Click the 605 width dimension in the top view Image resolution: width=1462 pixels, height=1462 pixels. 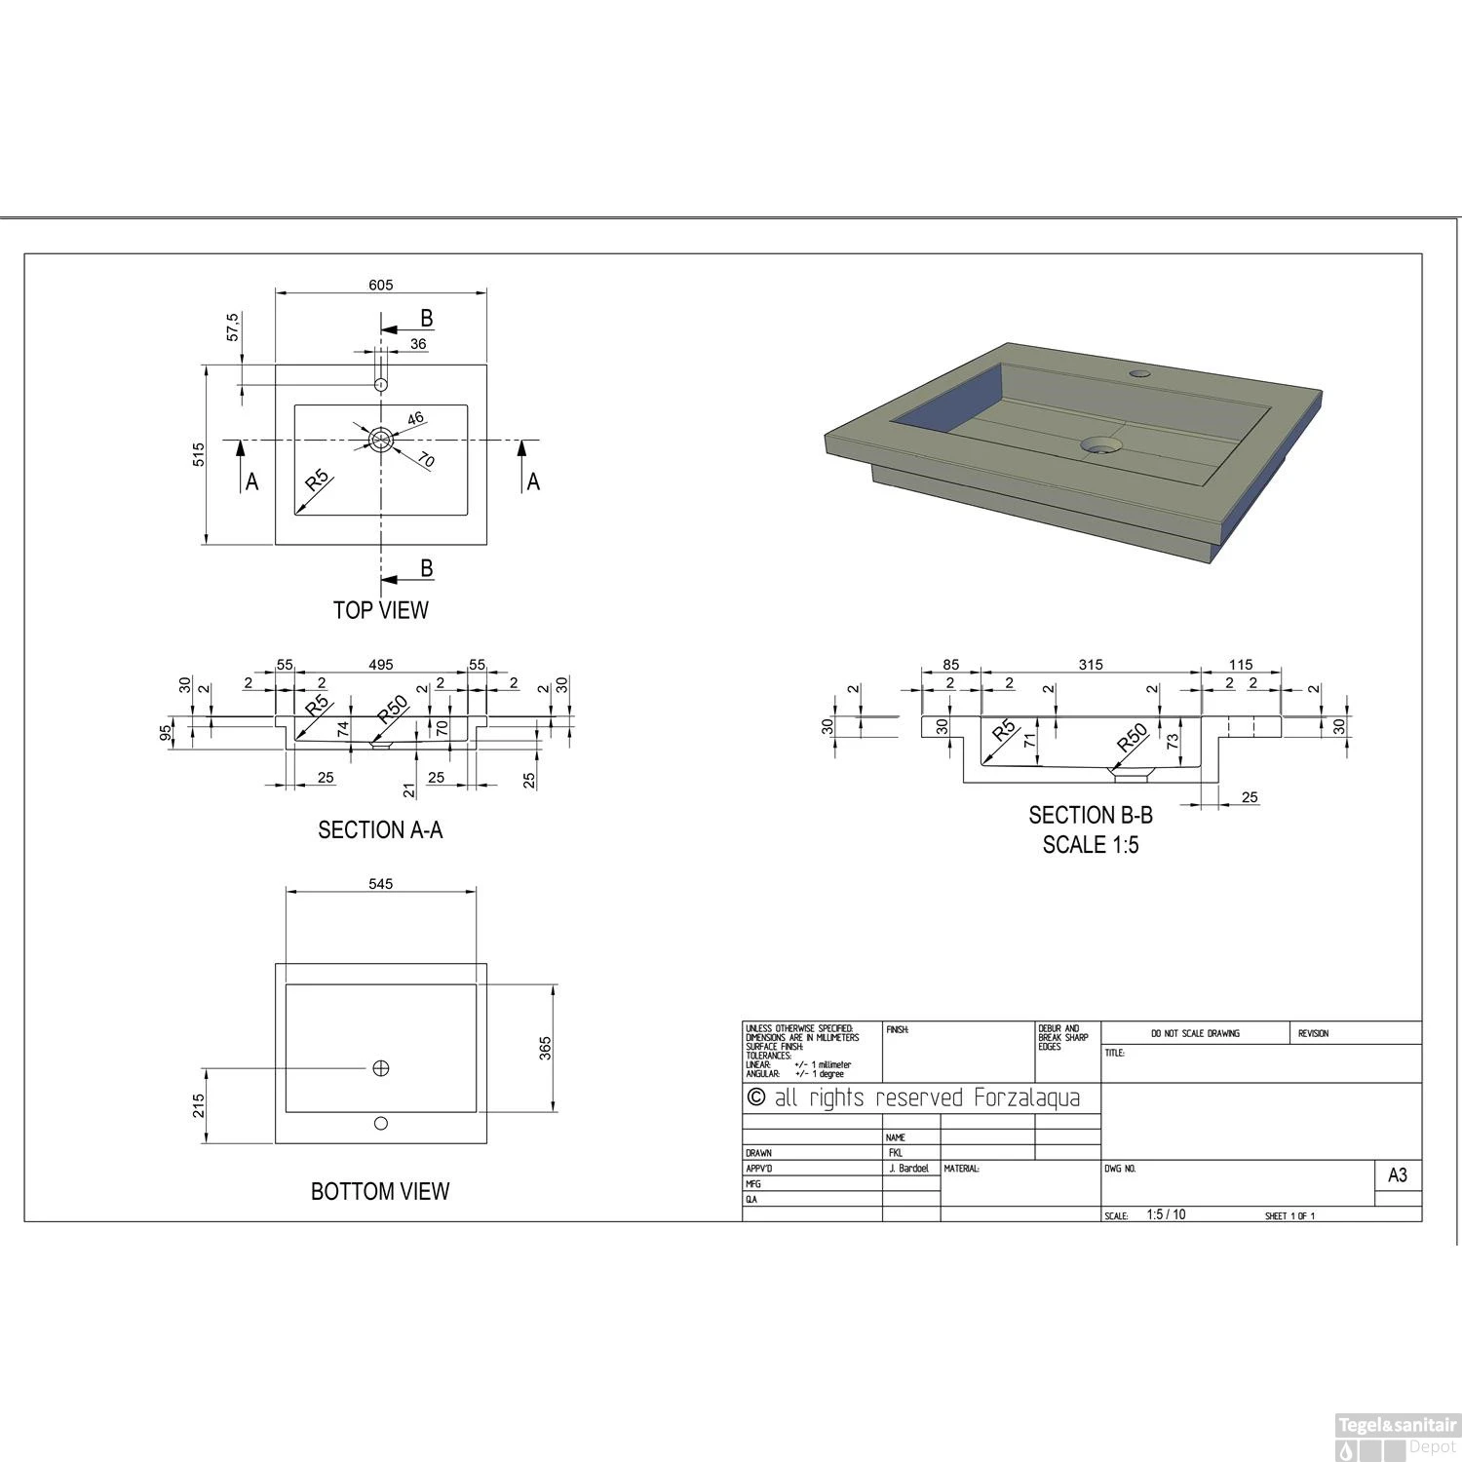[380, 285]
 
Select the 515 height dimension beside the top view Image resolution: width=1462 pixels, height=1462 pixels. [199, 454]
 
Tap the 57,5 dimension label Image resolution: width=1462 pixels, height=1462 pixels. [233, 327]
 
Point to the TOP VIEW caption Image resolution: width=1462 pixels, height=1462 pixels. [380, 610]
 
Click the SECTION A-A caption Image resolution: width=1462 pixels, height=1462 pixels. [380, 829]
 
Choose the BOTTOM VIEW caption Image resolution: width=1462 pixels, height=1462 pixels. [380, 1191]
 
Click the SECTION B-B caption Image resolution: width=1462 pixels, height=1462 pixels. [1091, 816]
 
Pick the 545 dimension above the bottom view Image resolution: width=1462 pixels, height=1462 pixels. [380, 884]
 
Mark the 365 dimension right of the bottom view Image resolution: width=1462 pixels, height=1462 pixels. [545, 1049]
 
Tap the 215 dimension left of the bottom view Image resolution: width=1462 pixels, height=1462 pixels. [199, 1105]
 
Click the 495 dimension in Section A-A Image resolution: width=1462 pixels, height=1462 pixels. [380, 665]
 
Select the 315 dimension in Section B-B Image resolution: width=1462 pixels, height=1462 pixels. [1091, 665]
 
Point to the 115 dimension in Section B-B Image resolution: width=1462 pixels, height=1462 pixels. [1240, 665]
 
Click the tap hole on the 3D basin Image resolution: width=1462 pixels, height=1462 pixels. [1139, 373]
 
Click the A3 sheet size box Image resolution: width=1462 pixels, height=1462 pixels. [1397, 1175]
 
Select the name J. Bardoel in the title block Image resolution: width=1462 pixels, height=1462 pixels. [908, 1168]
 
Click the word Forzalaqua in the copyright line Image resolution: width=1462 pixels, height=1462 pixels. [1027, 1098]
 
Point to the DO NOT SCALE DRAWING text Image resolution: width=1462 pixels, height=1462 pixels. [1195, 1033]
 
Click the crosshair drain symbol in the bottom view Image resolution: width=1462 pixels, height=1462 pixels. [381, 1068]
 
